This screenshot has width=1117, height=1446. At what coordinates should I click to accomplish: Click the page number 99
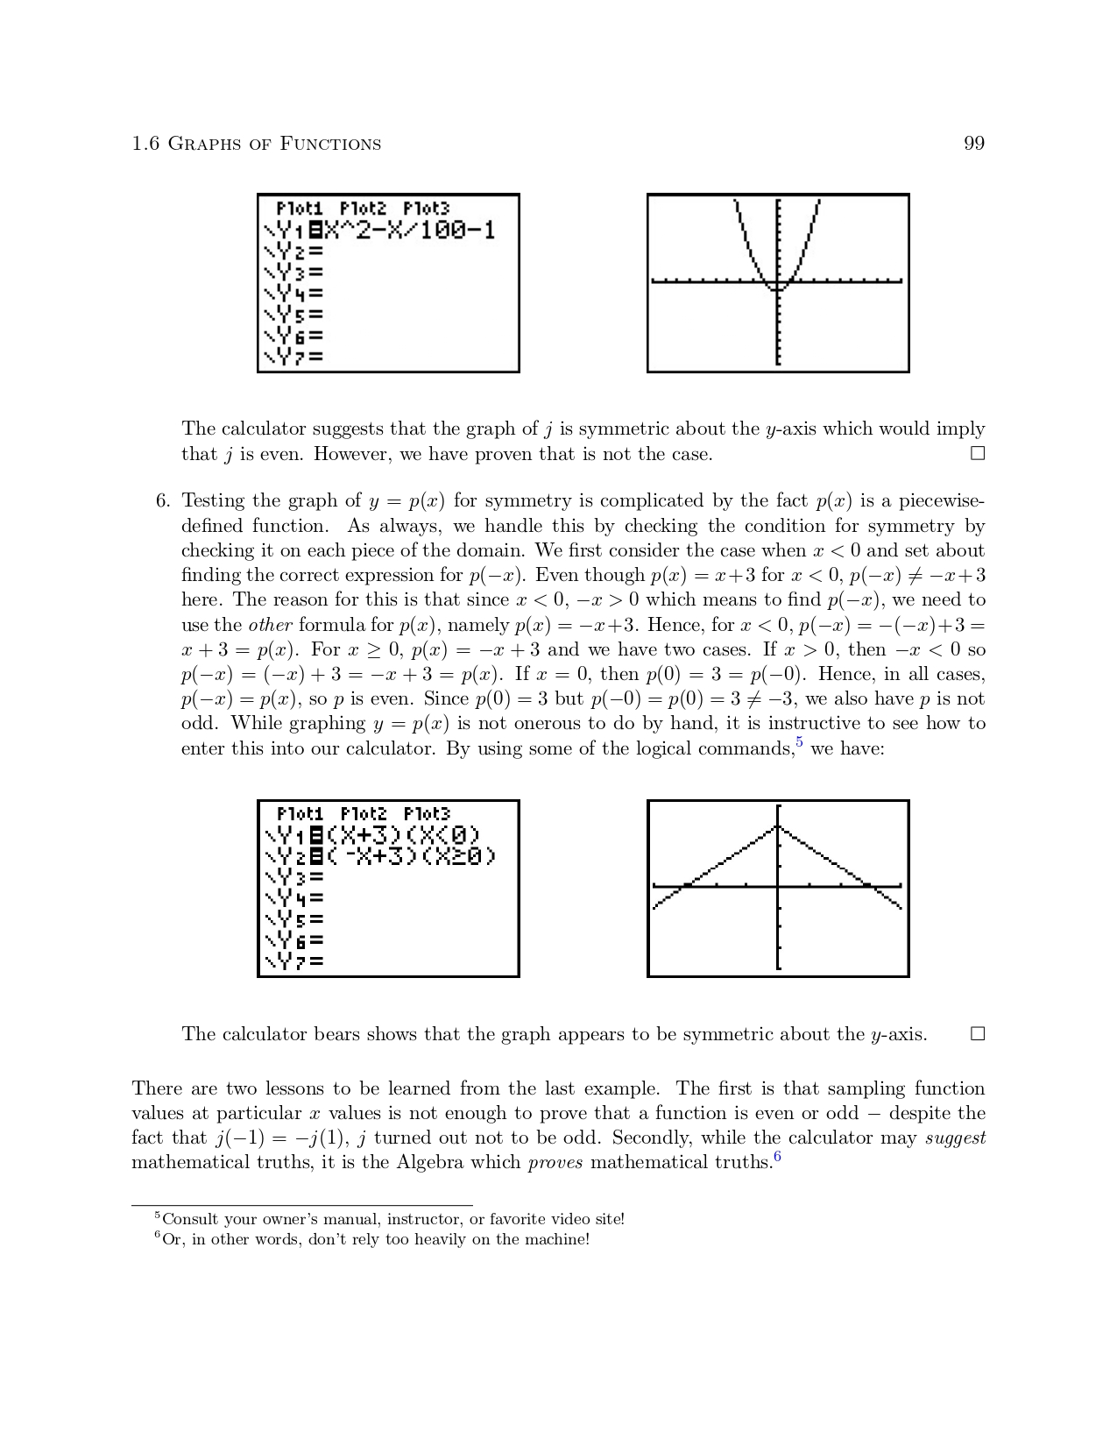pos(974,144)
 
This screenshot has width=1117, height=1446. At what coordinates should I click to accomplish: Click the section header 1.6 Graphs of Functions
pos(256,144)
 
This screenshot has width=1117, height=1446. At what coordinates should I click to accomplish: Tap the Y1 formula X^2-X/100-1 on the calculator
pos(408,230)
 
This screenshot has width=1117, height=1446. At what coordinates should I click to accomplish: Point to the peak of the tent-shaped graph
pos(777,826)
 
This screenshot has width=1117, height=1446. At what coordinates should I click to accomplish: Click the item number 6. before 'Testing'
pos(162,501)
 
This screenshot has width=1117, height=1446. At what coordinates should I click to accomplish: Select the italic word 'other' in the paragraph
pos(270,626)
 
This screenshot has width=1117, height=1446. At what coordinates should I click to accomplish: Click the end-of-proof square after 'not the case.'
pos(978,454)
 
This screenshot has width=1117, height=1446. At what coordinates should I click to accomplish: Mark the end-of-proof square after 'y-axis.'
pos(978,1034)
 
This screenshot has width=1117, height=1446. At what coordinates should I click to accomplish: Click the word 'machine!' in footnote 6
pos(558,1239)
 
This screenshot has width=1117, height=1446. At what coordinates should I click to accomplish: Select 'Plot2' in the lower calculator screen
pos(364,814)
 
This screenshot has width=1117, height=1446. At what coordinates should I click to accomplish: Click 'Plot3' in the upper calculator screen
pos(427,209)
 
